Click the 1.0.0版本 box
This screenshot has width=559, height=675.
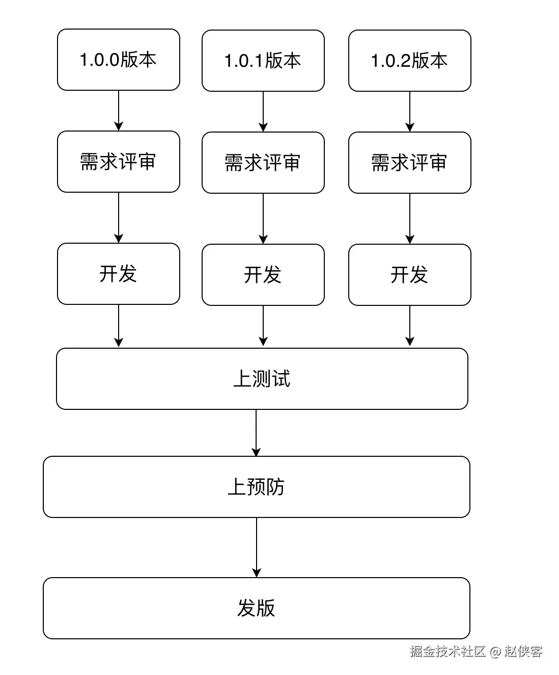click(118, 60)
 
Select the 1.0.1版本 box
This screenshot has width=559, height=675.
click(263, 61)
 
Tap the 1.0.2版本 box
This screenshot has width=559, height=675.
click(409, 61)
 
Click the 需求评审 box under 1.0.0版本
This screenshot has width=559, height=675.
click(118, 162)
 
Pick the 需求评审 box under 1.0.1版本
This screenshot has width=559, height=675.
click(263, 163)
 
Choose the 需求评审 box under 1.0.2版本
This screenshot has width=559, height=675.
click(409, 163)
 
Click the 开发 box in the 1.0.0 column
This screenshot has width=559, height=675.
click(118, 274)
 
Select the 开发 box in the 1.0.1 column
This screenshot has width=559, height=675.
click(263, 275)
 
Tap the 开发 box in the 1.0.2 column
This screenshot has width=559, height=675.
click(409, 275)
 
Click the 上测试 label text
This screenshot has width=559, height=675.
click(262, 379)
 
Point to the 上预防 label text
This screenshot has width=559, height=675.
click(256, 487)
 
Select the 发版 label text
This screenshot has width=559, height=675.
click(256, 608)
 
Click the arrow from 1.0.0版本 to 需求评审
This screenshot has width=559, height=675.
click(119, 111)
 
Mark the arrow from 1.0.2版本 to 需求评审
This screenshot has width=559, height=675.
click(410, 112)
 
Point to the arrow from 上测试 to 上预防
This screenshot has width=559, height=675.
click(256, 433)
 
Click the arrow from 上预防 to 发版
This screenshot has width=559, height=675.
click(257, 547)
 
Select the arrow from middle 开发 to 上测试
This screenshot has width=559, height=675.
click(263, 326)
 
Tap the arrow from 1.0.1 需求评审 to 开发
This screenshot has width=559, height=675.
click(263, 218)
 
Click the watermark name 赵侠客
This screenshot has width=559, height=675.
click(523, 651)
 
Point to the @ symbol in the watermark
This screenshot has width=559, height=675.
click(495, 652)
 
